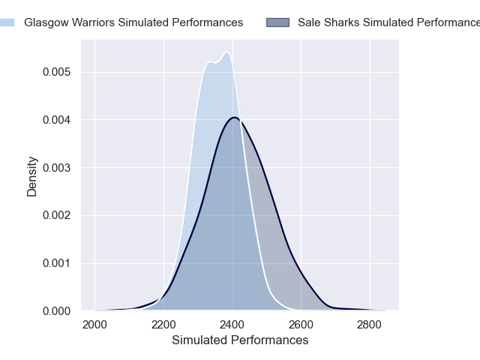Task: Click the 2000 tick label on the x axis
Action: pyautogui.click(x=94, y=325)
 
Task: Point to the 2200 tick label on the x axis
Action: pyautogui.click(x=163, y=325)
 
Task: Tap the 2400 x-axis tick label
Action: pyautogui.click(x=232, y=325)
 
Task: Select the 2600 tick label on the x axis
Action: pyautogui.click(x=301, y=325)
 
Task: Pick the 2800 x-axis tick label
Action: pyautogui.click(x=370, y=325)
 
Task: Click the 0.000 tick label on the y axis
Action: pyautogui.click(x=56, y=310)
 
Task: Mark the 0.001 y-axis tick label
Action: pyautogui.click(x=56, y=263)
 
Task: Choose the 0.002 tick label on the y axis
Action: pyautogui.click(x=56, y=215)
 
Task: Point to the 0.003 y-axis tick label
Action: pyautogui.click(x=56, y=167)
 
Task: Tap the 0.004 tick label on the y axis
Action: pyautogui.click(x=56, y=120)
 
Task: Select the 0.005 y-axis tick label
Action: pyautogui.click(x=56, y=72)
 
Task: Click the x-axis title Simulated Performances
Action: pyautogui.click(x=240, y=340)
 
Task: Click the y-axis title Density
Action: pyautogui.click(x=32, y=176)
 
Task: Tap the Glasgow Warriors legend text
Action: pyautogui.click(x=133, y=22)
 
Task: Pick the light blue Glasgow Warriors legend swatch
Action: pyautogui.click(x=6, y=22)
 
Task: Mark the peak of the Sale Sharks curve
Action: pyautogui.click(x=235, y=118)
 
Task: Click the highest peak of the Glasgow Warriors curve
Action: pyautogui.click(x=226, y=52)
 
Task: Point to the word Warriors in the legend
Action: pyautogui.click(x=95, y=22)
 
